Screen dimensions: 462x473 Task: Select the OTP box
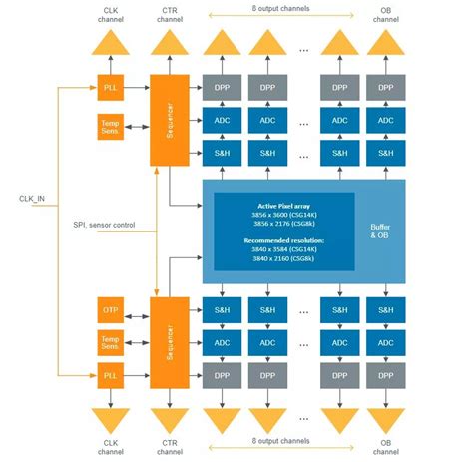(109, 311)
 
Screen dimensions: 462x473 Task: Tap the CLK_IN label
(33, 199)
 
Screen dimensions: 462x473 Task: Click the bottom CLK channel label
(109, 444)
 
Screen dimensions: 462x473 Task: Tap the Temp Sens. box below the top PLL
(109, 127)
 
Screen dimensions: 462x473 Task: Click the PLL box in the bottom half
(109, 377)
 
